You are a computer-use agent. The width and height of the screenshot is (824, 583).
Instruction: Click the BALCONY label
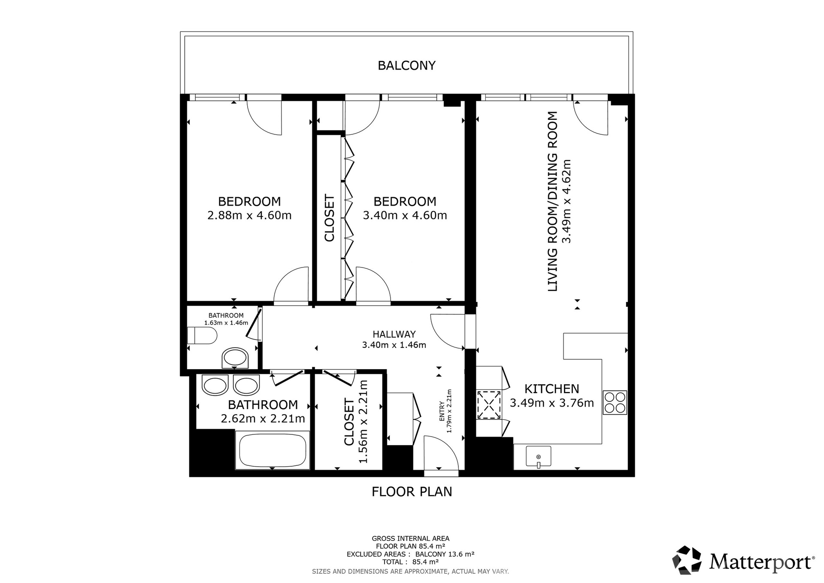406,65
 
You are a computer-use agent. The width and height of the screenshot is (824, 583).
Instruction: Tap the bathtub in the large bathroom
273,450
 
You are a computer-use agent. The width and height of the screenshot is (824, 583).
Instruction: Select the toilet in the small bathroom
202,335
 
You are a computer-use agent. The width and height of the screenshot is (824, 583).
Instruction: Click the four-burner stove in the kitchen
615,402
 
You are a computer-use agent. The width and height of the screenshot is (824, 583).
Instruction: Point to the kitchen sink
539,456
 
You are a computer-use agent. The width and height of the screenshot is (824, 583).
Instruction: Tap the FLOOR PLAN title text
412,492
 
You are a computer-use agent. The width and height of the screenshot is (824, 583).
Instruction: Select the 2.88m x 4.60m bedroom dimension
249,215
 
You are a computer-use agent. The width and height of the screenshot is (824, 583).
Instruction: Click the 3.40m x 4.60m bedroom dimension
405,215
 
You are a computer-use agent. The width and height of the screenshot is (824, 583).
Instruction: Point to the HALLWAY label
394,334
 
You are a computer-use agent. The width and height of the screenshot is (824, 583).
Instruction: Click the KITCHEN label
552,389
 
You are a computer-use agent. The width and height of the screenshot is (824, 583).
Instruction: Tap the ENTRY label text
442,411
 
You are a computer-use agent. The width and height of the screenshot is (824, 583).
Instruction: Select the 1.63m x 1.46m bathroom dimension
226,323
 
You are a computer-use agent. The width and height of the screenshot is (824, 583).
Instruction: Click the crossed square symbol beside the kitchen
489,404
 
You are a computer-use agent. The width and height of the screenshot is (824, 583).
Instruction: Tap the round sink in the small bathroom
235,358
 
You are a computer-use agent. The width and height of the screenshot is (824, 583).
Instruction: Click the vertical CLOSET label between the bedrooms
329,218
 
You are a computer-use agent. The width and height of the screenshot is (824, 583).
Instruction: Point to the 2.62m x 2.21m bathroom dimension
263,419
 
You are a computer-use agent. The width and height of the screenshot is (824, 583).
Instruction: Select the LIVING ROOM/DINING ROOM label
553,201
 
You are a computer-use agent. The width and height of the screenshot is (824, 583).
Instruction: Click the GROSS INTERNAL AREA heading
411,538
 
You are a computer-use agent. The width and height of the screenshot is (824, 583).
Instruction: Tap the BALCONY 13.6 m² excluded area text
445,554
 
